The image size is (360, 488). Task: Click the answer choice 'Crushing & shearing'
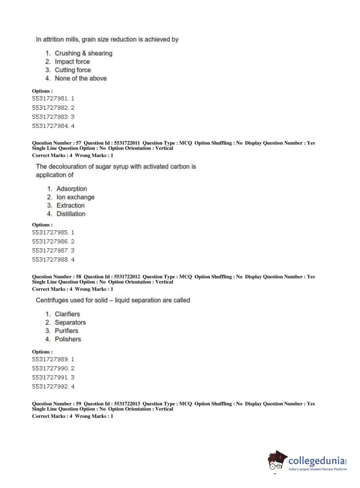pos(83,53)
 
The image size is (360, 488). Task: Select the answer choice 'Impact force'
pos(72,62)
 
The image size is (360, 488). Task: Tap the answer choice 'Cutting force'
pos(73,70)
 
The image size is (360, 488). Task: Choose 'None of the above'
pos(81,78)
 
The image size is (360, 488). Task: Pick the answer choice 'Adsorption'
pos(72,189)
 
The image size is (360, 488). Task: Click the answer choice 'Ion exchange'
pos(76,197)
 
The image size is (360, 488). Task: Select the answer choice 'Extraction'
pos(70,205)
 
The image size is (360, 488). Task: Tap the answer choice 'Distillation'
pos(71,214)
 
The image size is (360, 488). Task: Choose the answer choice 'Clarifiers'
pos(67,314)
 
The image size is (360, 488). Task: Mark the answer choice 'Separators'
pos(70,322)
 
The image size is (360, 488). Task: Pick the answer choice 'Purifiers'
pos(66,330)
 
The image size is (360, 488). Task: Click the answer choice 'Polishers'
pos(68,339)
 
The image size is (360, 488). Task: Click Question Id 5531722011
pos(127,143)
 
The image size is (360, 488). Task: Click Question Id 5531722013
pos(127,404)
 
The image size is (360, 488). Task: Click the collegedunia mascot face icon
pos(276,462)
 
